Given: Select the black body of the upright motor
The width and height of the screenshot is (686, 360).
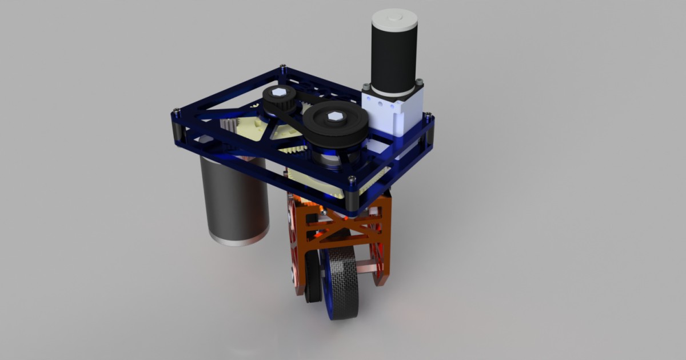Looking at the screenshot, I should (393, 57).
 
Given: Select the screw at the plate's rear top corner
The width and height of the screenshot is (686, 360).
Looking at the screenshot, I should (283, 67).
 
